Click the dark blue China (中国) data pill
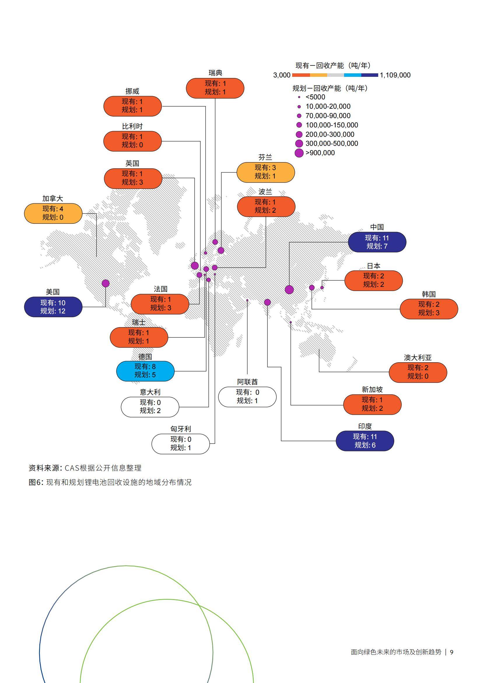click(x=376, y=242)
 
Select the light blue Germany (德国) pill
click(x=145, y=371)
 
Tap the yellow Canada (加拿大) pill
click(x=53, y=213)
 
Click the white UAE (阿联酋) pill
click(x=247, y=396)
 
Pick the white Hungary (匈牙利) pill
click(x=180, y=443)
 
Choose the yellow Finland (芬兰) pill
click(x=265, y=172)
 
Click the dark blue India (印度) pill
click(x=365, y=441)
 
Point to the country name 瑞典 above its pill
click(x=215, y=73)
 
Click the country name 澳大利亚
click(x=418, y=358)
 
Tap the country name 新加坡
click(x=372, y=389)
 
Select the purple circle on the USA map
click(x=106, y=283)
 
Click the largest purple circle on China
click(x=289, y=290)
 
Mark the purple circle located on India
click(x=267, y=302)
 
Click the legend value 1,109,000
click(x=395, y=75)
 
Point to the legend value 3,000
click(x=282, y=75)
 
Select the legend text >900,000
click(x=320, y=153)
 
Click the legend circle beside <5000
click(x=299, y=97)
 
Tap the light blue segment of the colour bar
click(x=353, y=75)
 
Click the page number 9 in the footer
click(x=451, y=652)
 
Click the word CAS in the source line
click(x=72, y=468)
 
